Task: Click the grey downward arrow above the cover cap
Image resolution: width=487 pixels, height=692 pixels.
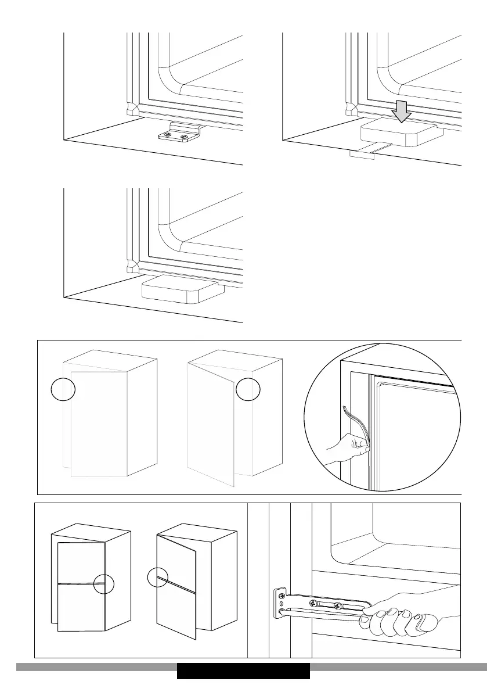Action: (401, 109)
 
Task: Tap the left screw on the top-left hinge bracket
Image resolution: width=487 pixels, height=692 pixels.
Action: (168, 136)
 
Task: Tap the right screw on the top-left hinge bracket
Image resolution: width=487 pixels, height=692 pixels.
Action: (185, 138)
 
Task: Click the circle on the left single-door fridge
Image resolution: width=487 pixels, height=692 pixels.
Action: (63, 389)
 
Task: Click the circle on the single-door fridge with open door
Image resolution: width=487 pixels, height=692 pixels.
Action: (248, 389)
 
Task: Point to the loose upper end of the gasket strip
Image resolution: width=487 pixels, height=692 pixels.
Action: (346, 410)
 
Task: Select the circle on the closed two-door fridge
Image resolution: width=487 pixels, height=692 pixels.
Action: (104, 583)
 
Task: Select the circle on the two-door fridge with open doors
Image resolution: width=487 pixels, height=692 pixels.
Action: (158, 579)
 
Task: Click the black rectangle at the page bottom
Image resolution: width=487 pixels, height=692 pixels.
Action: (243, 671)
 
